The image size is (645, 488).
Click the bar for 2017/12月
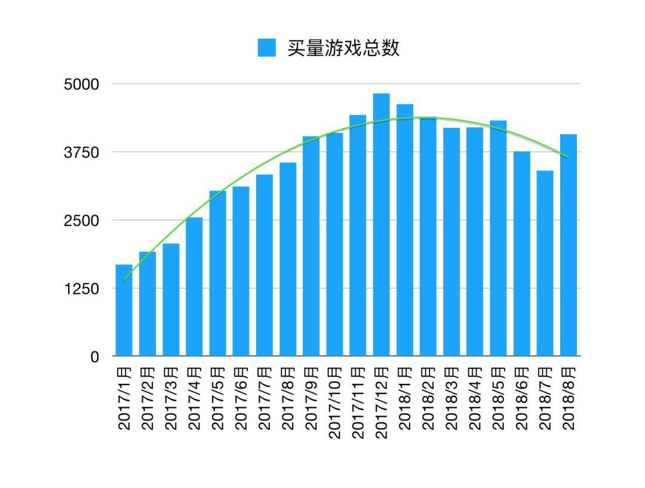pos(381,225)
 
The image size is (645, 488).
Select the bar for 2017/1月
pos(124,310)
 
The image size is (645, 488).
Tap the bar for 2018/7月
pos(545,263)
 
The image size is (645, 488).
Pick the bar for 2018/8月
pos(569,245)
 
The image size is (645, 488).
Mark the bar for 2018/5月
pos(498,239)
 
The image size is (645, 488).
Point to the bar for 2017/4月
pos(194,286)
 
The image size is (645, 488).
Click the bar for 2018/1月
pos(405,230)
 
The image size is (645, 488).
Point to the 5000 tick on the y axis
pos(81,84)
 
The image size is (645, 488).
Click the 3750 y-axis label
pos(81,152)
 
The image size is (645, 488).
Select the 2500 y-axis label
pos(81,221)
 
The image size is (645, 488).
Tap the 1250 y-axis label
pos(81,289)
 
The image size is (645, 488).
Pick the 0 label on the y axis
pos(94,357)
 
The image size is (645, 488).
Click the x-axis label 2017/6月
pos(241,398)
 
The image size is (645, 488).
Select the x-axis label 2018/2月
pos(428,398)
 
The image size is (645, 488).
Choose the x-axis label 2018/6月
pos(522,398)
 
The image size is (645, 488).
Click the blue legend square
pos(267,48)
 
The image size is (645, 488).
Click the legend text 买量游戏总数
pos(343,48)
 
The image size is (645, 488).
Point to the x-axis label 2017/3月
pos(171,398)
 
